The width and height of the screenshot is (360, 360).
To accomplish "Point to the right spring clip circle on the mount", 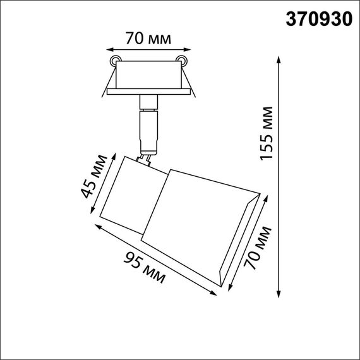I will (x=183, y=61).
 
